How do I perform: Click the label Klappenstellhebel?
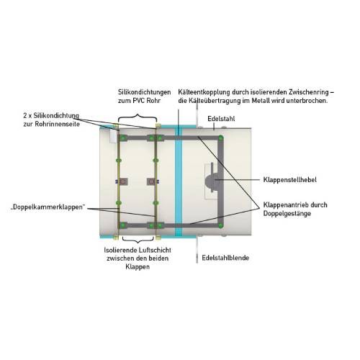[289, 180]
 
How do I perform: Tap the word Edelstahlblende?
[225, 258]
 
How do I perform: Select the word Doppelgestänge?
[287, 214]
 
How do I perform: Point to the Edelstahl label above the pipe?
[221, 119]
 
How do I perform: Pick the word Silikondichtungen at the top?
[144, 92]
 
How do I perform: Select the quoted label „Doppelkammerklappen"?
[48, 207]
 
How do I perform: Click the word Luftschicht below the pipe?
[155, 250]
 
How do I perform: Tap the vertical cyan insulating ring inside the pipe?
[179, 182]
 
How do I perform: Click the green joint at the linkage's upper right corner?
[220, 138]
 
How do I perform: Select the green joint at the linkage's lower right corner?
[220, 225]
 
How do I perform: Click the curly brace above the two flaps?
[138, 117]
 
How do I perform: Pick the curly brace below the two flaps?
[138, 240]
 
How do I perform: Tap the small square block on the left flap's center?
[124, 181]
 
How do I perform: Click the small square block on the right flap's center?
[150, 181]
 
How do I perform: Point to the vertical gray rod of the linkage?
[221, 181]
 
